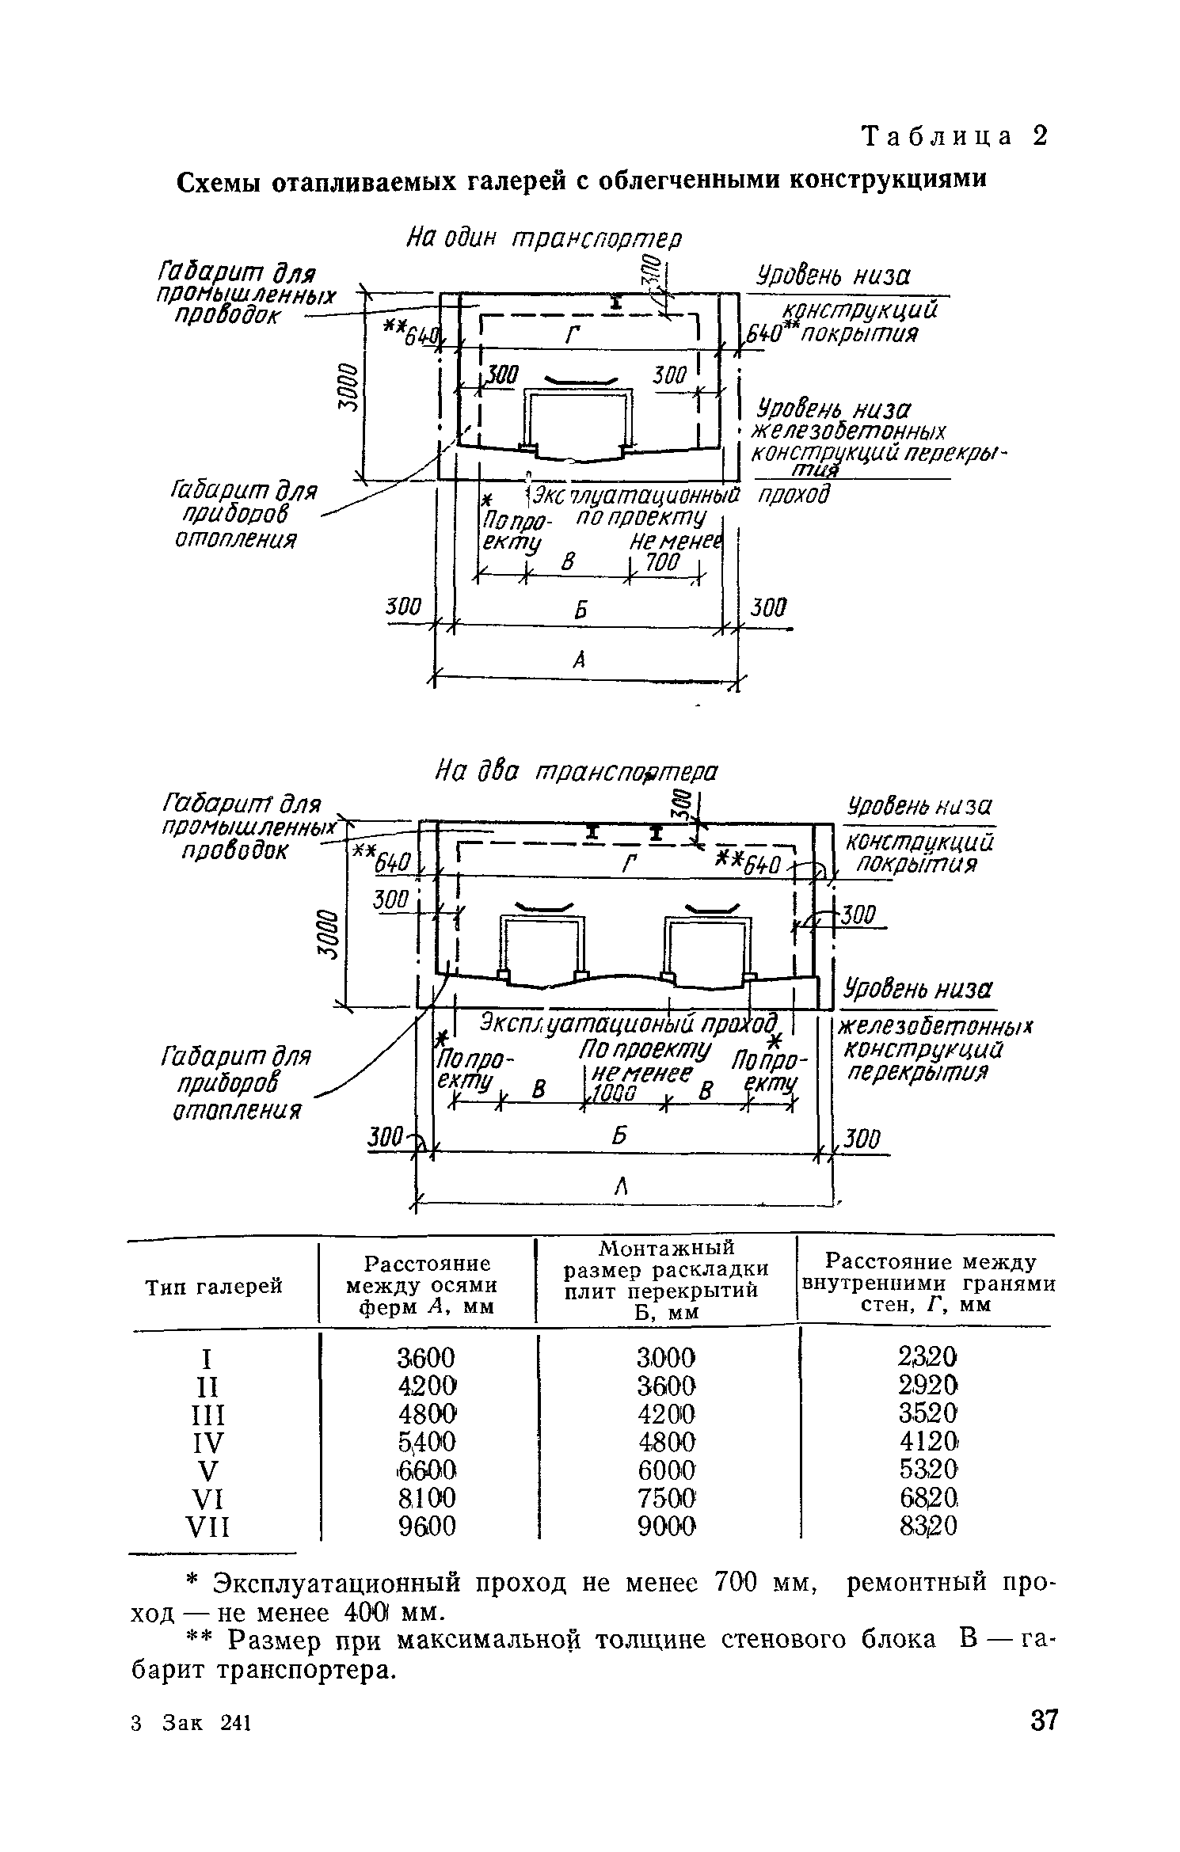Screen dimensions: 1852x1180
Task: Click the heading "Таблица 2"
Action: (x=954, y=136)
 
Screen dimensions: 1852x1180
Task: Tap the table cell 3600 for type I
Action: (x=426, y=1358)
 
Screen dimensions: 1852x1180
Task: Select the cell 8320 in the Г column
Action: (x=928, y=1524)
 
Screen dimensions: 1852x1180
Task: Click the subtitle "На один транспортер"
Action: (x=543, y=238)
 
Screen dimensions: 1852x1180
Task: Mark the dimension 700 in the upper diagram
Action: (x=662, y=563)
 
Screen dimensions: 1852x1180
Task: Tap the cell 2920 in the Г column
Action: (x=928, y=1386)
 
